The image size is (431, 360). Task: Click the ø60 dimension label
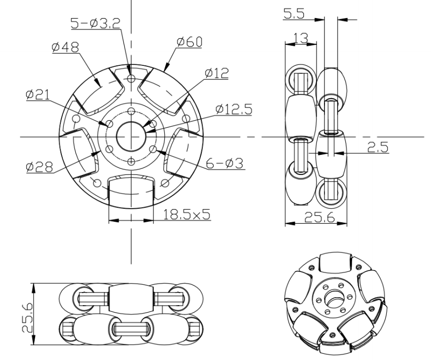click(189, 42)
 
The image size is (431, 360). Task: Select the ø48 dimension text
click(65, 47)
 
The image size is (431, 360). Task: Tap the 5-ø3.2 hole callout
click(95, 23)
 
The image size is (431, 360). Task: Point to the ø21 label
click(38, 95)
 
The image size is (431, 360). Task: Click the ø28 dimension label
click(39, 167)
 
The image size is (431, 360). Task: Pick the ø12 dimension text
click(217, 73)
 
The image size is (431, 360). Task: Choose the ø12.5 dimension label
click(234, 109)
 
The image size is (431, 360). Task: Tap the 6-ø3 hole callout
click(225, 164)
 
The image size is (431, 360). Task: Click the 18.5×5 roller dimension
click(187, 214)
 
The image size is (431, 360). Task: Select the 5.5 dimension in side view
click(294, 14)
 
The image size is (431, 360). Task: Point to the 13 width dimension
click(301, 38)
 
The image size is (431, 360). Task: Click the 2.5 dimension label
click(378, 147)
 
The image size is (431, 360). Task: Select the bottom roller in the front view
click(131, 191)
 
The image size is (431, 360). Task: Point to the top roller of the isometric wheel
click(336, 262)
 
